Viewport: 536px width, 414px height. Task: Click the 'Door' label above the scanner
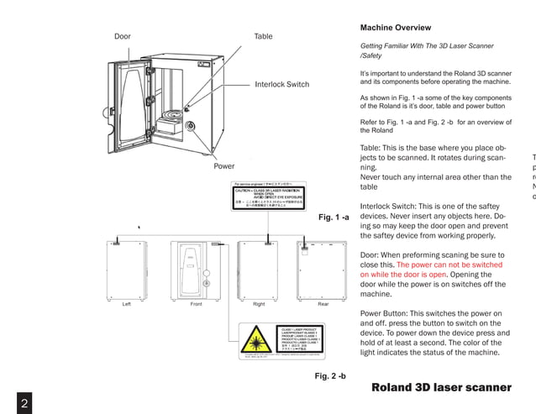122,37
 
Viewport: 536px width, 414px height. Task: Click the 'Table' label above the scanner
263,37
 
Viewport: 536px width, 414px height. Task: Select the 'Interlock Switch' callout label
281,85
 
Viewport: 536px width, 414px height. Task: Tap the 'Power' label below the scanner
223,166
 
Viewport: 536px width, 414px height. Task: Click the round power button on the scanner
191,126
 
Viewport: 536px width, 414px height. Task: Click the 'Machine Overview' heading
395,28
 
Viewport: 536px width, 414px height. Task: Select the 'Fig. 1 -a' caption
333,217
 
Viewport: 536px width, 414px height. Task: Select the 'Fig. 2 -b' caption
330,375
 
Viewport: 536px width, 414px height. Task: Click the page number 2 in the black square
24,402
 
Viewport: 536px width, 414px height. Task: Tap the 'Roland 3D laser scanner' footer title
441,387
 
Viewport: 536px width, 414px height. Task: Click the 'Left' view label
126,304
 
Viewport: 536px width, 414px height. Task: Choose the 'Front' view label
196,304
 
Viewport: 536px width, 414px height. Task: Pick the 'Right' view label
259,304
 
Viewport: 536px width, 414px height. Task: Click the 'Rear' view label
323,304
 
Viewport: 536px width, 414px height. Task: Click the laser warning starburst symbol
256,341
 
